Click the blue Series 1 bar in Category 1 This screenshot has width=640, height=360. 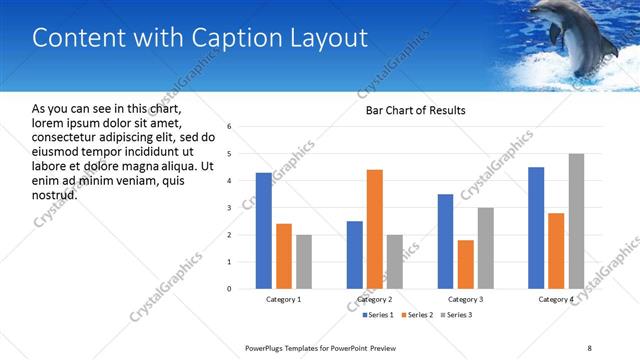(263, 231)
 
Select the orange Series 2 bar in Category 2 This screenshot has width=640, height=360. (375, 229)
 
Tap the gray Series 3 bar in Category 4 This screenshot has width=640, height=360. (576, 221)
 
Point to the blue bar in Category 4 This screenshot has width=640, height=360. (536, 228)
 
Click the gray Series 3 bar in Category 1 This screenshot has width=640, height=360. (303, 262)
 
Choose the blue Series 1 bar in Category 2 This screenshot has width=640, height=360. (355, 255)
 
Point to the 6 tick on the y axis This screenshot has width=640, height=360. (230, 127)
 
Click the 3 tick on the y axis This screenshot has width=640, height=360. (230, 208)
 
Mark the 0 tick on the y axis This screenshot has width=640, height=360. (230, 289)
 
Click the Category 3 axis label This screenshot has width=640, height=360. (465, 299)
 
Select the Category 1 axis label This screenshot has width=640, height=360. (283, 299)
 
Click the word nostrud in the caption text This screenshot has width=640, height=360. (54, 194)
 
